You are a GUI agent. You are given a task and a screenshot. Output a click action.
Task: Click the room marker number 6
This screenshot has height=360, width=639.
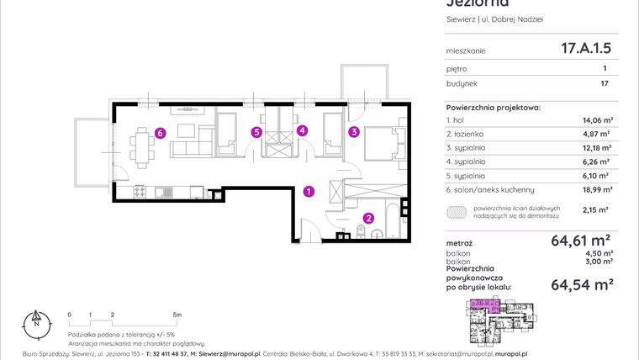159,132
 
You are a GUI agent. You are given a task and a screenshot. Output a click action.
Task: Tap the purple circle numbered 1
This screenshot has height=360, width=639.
309,192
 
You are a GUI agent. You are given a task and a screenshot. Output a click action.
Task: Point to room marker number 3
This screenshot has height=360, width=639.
303,130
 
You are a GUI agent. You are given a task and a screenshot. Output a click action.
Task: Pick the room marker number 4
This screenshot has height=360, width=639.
256,132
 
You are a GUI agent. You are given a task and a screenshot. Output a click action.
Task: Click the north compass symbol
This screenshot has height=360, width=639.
35,320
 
